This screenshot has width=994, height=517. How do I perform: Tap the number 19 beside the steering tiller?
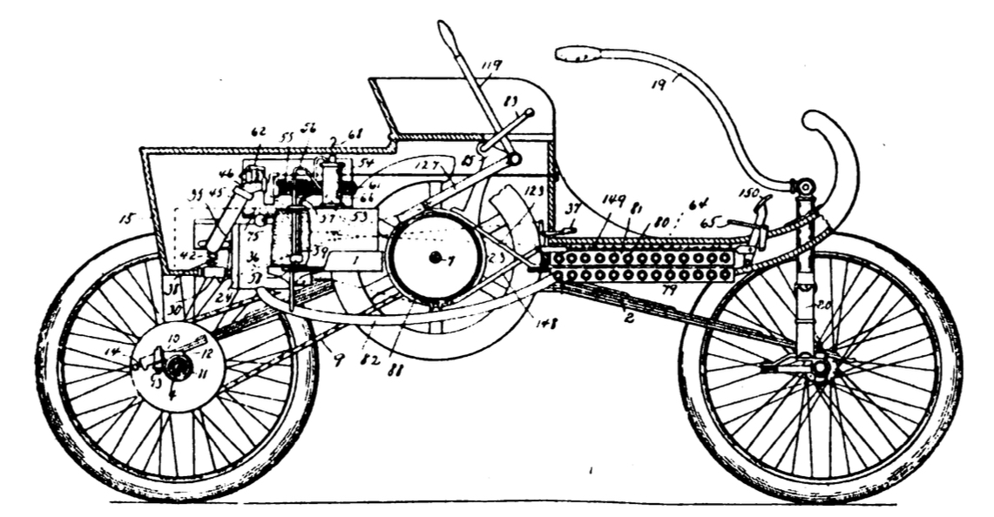click(659, 84)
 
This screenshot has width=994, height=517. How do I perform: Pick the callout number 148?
click(546, 323)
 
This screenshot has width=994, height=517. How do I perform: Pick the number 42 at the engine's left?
click(188, 257)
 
